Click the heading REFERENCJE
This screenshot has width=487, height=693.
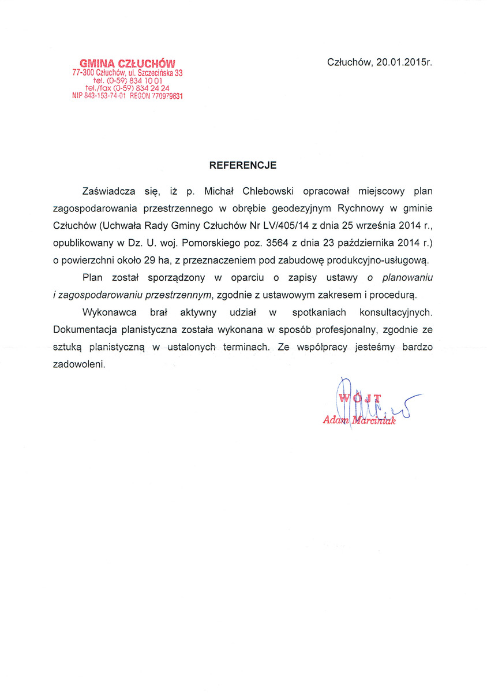point(242,165)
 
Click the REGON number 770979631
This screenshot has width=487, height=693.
point(167,96)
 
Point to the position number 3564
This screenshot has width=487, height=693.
point(279,243)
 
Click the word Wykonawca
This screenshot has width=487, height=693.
point(110,312)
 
